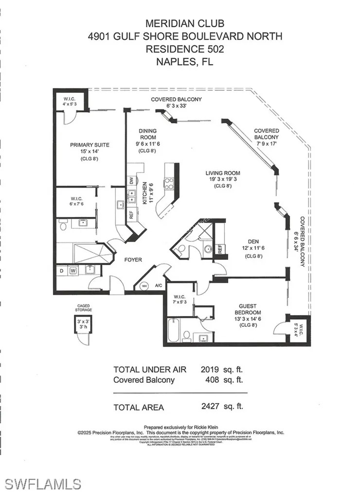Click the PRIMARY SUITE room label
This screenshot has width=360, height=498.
90,145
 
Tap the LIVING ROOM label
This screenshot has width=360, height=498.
223,173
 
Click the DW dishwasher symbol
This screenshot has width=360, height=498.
131,181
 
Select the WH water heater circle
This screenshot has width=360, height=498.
144,286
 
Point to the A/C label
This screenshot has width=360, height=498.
158,286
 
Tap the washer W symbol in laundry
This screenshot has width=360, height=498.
72,271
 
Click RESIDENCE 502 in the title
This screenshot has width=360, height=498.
180,49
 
